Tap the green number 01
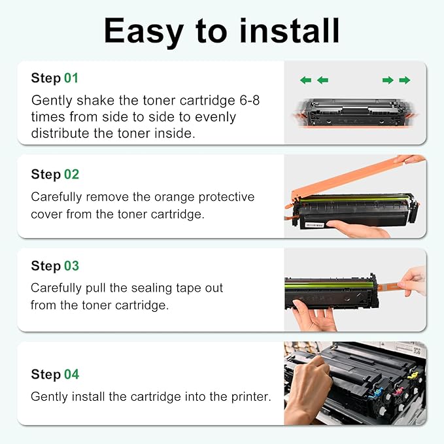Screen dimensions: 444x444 click(71, 78)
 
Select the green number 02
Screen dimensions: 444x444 click(71, 175)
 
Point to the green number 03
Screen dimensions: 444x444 click(71, 266)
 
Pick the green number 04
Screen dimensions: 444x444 click(71, 375)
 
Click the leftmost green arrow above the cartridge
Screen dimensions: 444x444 click(305, 80)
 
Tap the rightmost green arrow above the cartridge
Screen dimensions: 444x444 click(405, 80)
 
